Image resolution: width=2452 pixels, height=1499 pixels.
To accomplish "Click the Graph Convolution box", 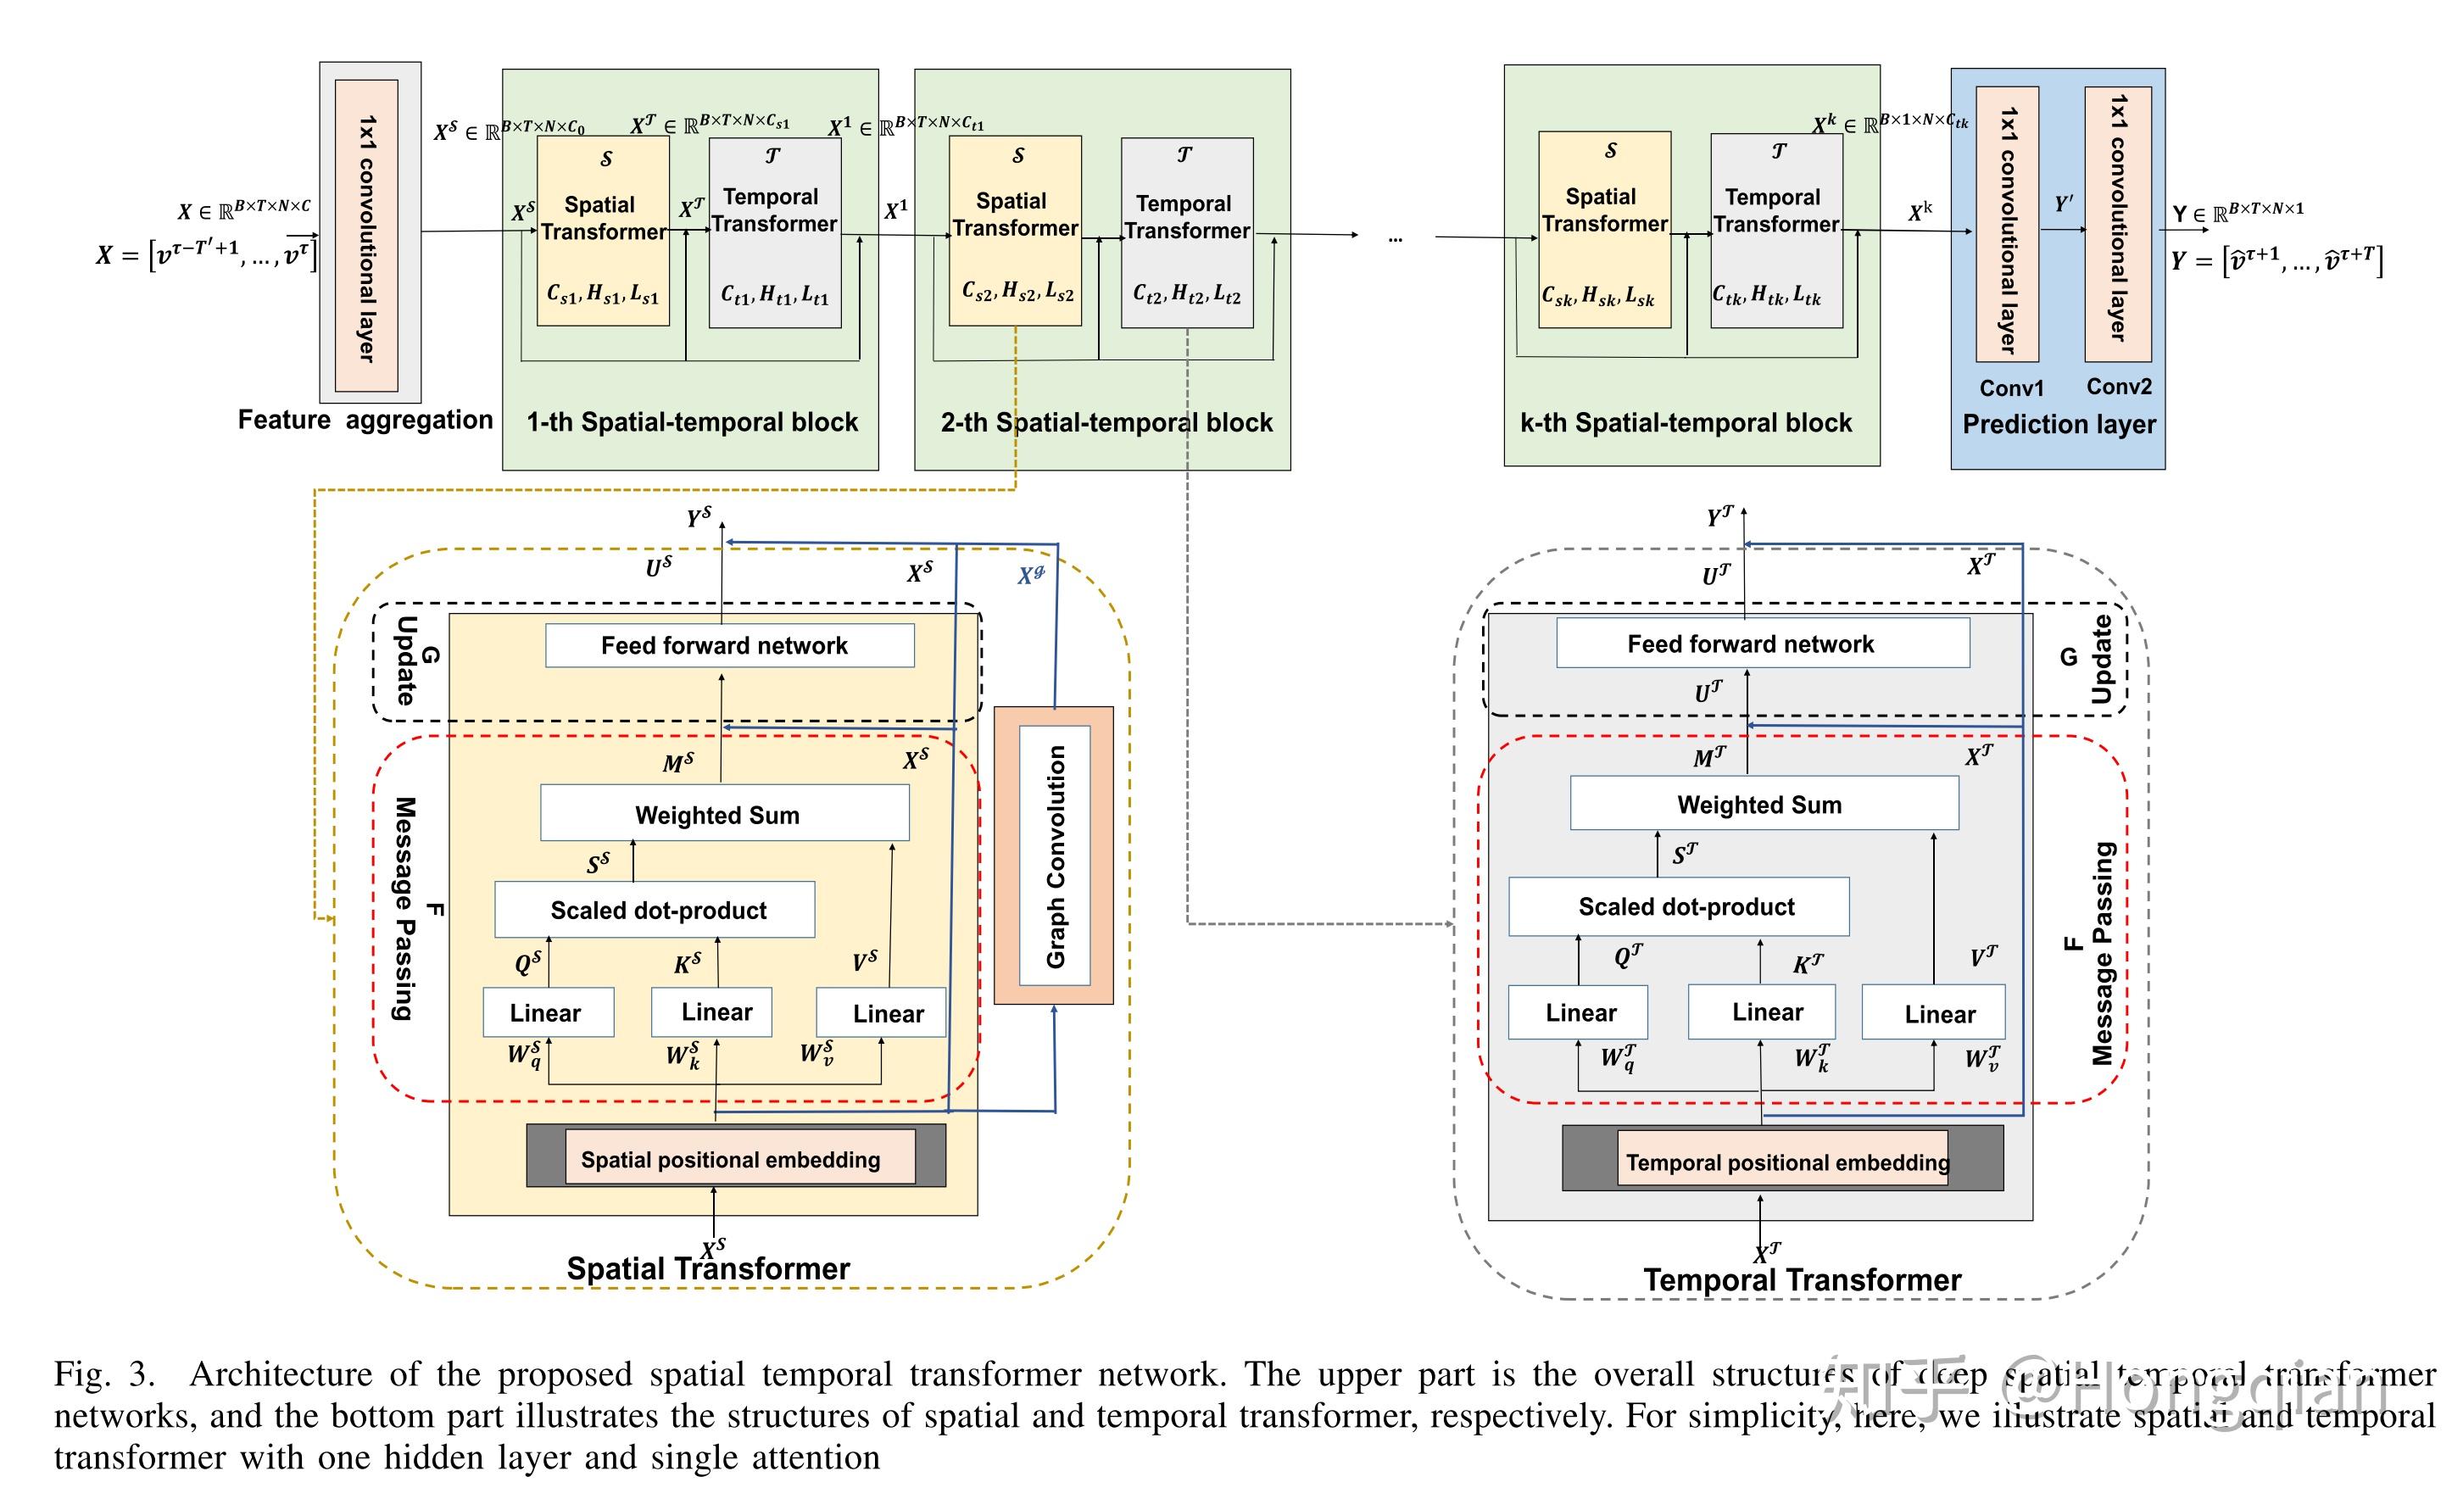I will pos(1054,856).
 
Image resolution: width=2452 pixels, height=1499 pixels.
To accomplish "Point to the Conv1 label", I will pos(2010,388).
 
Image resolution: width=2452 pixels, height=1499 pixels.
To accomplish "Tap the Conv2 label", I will pos(2119,387).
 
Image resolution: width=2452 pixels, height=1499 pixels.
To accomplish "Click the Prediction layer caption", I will pos(2058,424).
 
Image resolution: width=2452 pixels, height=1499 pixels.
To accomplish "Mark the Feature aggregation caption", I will pos(365,420).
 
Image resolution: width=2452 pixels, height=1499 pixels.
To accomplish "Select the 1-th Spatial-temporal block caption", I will pos(692,422).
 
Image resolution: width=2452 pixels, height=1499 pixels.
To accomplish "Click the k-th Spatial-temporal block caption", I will pos(1686,423).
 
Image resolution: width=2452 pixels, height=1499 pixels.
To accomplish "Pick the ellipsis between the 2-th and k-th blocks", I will pos(1396,239).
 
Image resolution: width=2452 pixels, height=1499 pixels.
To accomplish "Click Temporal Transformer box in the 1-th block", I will pos(774,233).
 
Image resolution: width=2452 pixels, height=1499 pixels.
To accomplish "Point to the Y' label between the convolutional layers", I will pos(2064,204).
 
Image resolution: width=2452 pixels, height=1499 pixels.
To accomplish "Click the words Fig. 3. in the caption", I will pos(104,1374).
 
